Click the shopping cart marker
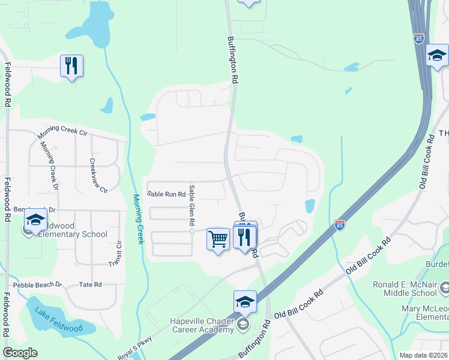coord(218,239)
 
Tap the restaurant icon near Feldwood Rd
coord(71,65)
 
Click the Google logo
coord(20,353)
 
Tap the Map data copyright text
coord(423,355)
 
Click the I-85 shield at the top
coord(418,38)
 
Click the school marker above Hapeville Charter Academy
coord(245,301)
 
